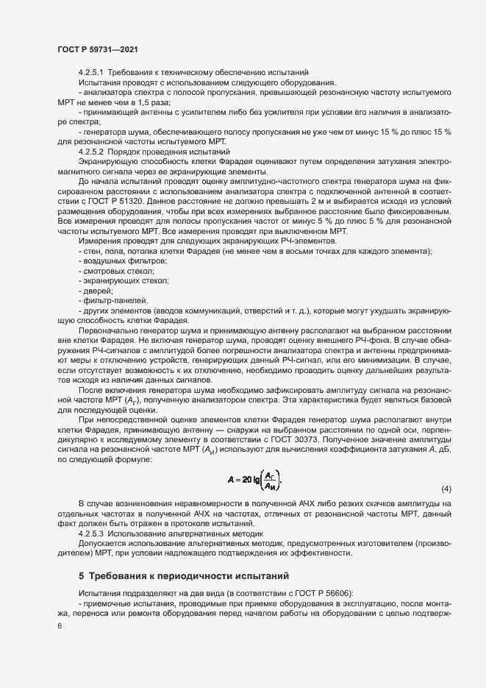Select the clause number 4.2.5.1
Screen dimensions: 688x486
[x=93, y=71]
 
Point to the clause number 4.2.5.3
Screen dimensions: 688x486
[x=93, y=532]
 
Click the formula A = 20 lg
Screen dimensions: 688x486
[x=254, y=481]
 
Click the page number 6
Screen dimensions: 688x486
[x=60, y=625]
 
